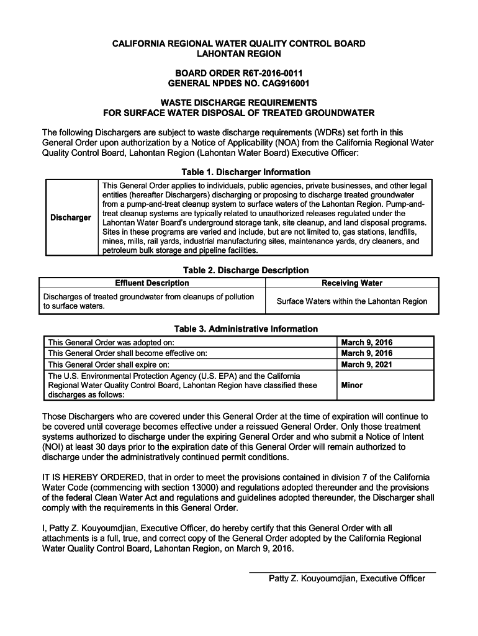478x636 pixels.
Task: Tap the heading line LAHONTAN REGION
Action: click(x=238, y=55)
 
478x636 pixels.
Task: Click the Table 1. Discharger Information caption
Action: click(x=238, y=172)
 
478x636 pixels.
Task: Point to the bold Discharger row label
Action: click(x=71, y=217)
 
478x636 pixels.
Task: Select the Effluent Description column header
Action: click(x=152, y=283)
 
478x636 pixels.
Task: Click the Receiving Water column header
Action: click(x=352, y=283)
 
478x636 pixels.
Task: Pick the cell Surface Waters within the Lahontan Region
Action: click(x=352, y=301)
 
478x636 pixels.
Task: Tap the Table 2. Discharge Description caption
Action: click(x=245, y=270)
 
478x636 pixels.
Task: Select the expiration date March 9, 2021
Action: click(x=367, y=365)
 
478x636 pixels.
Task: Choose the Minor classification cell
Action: click(x=352, y=385)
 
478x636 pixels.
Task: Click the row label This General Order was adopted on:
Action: click(x=111, y=342)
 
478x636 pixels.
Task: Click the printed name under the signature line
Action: click(x=346, y=579)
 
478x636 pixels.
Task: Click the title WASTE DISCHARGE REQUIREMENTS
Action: click(x=238, y=102)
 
